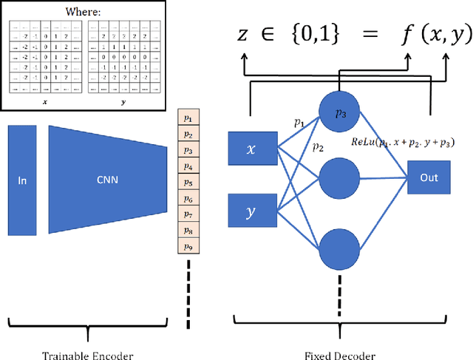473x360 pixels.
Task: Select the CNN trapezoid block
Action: coord(107,180)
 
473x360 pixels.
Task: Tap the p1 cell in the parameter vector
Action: coord(187,118)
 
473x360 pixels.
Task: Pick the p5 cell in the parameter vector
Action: coord(187,182)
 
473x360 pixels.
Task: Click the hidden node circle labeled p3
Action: coord(341,113)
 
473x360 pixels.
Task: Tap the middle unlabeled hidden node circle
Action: coord(341,177)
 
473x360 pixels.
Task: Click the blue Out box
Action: coord(428,178)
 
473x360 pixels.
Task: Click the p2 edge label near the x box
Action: coord(319,147)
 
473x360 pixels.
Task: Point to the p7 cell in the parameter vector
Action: coord(187,214)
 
